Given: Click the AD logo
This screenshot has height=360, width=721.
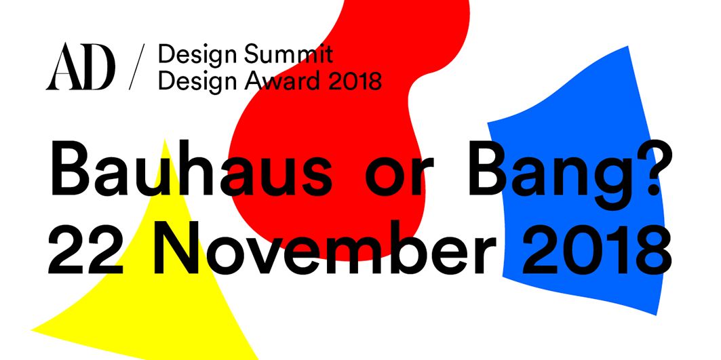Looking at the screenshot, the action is coord(80,66).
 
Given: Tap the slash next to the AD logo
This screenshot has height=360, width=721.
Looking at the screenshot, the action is coord(136,66).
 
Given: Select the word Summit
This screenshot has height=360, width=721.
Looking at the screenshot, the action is coord(289,55).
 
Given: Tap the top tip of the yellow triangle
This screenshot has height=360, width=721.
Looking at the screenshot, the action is coord(165,140).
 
